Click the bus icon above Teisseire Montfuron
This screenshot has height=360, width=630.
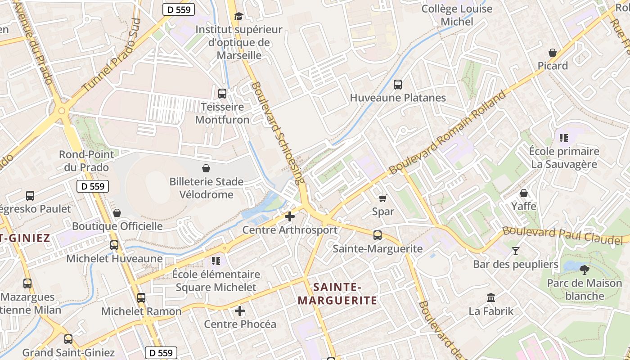pos(222,94)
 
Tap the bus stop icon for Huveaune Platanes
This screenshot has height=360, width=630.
pos(398,85)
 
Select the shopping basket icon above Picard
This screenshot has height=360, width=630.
pos(553,53)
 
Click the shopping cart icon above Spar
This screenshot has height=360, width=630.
pos(383,198)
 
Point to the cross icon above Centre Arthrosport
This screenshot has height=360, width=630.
pos(290,216)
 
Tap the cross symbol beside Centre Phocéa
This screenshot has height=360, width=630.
pos(240,311)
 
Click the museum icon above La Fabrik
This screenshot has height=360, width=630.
pos(491,298)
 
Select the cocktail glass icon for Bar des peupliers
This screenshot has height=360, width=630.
pos(516,251)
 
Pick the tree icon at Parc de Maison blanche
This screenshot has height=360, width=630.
pos(585,270)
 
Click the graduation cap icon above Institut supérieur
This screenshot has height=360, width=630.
pos(238,17)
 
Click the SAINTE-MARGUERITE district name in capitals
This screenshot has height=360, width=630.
pos(337,293)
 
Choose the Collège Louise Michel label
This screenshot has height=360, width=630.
pos(457,15)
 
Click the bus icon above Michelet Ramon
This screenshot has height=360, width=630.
pos(141,298)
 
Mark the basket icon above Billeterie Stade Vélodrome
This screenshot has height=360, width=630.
pos(206,168)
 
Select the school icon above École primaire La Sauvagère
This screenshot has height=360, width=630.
pos(564,138)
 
